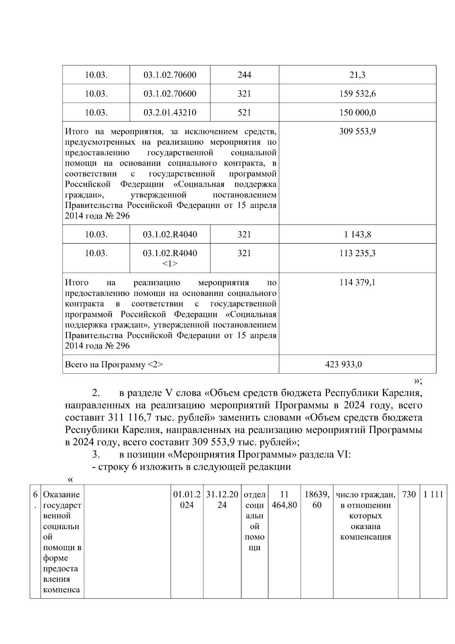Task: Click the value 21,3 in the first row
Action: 357,75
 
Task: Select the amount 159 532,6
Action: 357,94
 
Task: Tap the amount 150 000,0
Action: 357,113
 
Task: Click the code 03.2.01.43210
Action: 170,113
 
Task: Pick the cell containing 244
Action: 244,75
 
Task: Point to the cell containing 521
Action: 244,113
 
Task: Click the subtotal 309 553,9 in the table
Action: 357,132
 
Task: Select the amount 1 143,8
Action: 357,235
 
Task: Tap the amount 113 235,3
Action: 357,253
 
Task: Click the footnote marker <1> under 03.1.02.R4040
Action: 170,263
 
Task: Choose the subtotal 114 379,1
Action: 357,283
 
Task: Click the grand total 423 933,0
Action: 344,365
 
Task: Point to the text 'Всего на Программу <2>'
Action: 114,365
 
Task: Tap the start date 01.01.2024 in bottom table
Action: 187,500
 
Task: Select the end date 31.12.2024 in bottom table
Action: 222,500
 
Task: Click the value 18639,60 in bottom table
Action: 317,500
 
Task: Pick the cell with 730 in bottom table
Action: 408,495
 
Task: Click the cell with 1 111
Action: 433,495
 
